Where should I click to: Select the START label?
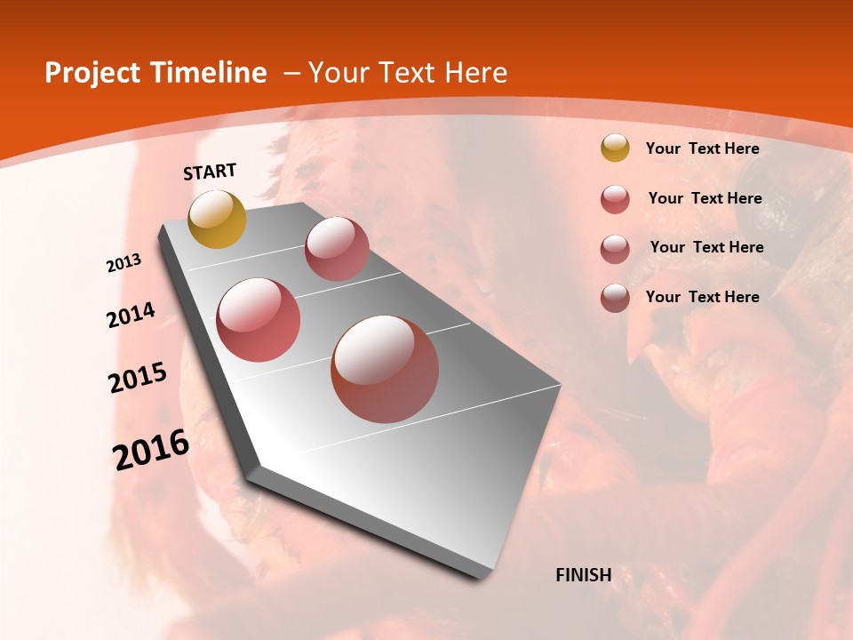[x=210, y=172]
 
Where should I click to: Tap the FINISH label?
[x=584, y=575]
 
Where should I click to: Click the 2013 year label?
[x=124, y=263]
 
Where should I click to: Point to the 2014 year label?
[x=132, y=315]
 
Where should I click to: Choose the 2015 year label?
[x=138, y=378]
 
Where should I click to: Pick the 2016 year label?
[x=151, y=450]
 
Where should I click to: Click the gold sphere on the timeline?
[x=218, y=220]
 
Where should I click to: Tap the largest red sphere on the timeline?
[x=385, y=369]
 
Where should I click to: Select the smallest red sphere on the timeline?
[x=337, y=249]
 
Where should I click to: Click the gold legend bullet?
[x=615, y=148]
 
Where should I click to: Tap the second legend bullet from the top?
[x=615, y=199]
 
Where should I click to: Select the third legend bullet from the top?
[x=615, y=249]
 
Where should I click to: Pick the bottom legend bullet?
[x=615, y=298]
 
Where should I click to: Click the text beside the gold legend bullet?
[x=702, y=149]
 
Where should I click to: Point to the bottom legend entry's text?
[x=702, y=297]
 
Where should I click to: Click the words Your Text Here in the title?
[x=407, y=73]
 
